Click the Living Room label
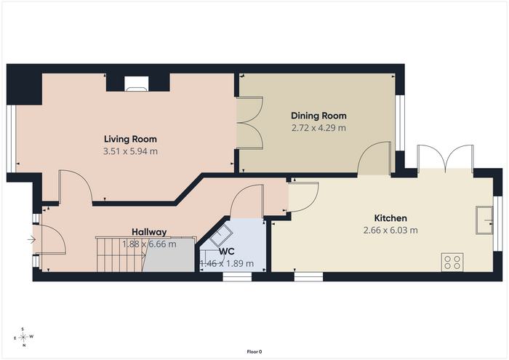(130, 139)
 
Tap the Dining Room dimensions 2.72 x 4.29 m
(318, 128)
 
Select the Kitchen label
(390, 217)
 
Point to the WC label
(227, 252)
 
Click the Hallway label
(149, 232)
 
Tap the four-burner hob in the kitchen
(452, 263)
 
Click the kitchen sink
(484, 220)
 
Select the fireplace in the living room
(137, 84)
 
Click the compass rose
(23, 337)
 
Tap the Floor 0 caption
(254, 351)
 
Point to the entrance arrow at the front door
(31, 239)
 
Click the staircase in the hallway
(121, 255)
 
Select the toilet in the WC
(221, 235)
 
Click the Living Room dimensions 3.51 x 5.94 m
(130, 151)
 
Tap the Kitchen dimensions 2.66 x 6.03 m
(390, 230)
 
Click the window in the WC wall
(237, 276)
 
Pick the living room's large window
(11, 139)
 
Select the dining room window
(400, 123)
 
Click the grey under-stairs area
(169, 255)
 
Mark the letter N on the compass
(24, 345)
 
